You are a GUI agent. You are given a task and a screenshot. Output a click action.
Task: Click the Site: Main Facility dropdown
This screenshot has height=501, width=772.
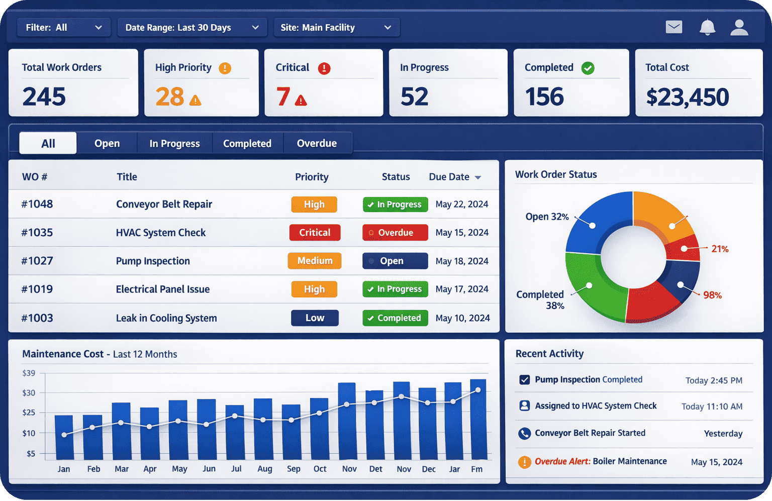tap(336, 28)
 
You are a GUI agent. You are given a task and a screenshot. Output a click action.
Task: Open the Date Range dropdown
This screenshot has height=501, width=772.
tap(192, 28)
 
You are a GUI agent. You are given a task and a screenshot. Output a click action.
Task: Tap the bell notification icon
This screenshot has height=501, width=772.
tap(707, 27)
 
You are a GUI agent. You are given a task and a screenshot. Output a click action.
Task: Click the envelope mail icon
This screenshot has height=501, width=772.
tap(673, 27)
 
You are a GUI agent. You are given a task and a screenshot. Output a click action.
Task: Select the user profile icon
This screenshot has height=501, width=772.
tap(739, 27)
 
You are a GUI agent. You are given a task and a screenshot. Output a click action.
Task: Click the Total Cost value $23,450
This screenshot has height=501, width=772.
tap(687, 97)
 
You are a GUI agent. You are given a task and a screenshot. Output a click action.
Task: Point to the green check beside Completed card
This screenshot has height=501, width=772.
tap(588, 68)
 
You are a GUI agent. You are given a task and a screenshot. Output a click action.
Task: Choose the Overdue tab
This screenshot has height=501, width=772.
tap(317, 143)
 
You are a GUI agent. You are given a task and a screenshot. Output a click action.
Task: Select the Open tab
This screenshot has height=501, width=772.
tap(107, 143)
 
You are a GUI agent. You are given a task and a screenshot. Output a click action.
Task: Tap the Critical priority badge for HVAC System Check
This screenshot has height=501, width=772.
tap(315, 233)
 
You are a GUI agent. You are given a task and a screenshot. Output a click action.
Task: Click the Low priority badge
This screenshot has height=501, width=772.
tap(315, 318)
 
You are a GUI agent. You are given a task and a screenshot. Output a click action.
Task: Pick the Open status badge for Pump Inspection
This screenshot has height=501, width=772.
tap(395, 261)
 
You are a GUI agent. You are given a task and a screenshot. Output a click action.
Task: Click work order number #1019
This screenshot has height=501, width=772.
tap(37, 289)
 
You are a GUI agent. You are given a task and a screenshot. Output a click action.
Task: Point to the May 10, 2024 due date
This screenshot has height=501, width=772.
tap(462, 318)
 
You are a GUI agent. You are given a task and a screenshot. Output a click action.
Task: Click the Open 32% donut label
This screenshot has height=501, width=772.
tap(547, 217)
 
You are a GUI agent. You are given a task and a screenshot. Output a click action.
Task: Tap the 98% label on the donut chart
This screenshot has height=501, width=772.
tap(712, 295)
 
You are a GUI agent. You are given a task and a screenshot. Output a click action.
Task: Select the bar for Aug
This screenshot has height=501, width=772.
tap(263, 429)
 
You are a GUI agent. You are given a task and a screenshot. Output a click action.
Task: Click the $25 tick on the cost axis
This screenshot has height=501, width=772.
tap(29, 413)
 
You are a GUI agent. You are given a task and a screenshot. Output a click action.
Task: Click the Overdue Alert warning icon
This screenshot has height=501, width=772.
tap(524, 462)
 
